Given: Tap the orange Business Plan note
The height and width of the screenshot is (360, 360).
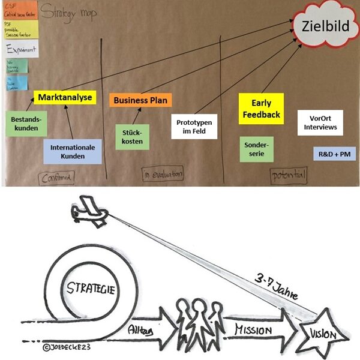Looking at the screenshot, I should point(140,100).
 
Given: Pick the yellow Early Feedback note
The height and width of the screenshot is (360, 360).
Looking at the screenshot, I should point(261,108).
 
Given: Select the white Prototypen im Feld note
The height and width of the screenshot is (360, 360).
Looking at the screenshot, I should point(194,126).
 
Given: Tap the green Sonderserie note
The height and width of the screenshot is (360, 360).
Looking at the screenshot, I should point(256,149).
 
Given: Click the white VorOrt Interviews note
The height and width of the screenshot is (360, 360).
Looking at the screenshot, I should point(320,122).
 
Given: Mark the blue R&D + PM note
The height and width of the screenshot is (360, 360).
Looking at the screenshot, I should point(334,154).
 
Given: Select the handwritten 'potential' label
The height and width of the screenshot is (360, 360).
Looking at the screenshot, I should point(288,175).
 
